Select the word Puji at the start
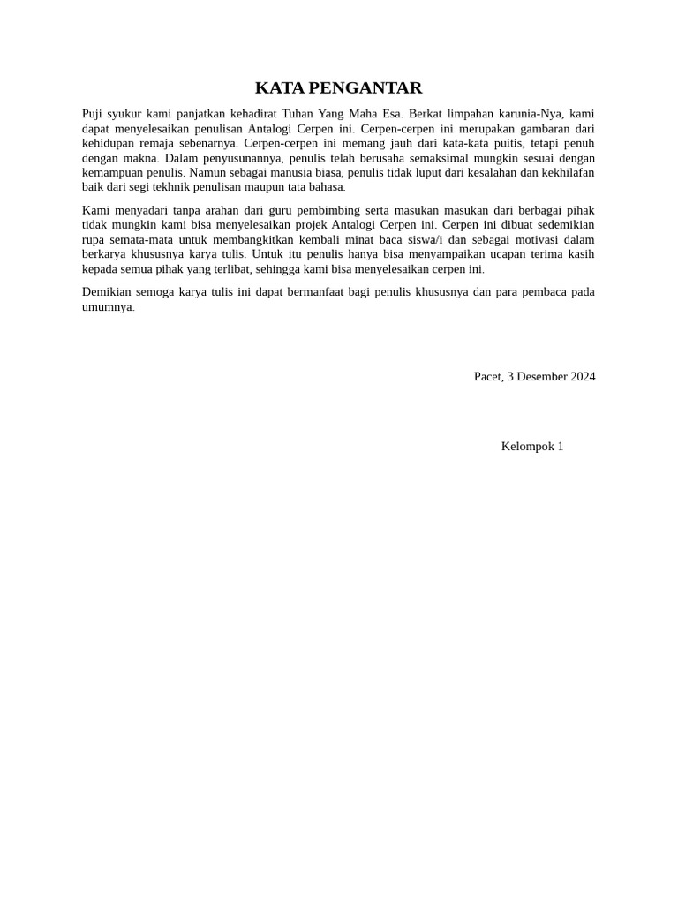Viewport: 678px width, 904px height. pos(93,114)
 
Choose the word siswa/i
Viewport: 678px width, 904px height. pos(422,239)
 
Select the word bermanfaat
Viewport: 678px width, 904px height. pos(328,292)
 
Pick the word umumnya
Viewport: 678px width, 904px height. pos(107,307)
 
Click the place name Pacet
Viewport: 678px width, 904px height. pos(487,377)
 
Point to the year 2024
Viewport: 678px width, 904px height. pos(583,377)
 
